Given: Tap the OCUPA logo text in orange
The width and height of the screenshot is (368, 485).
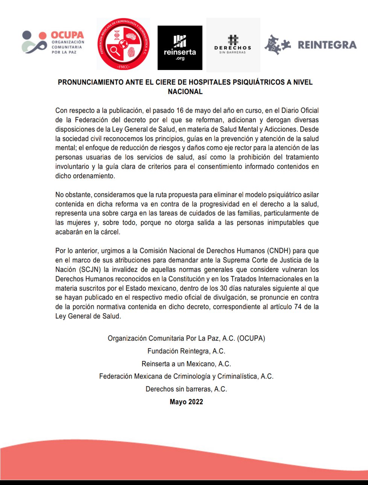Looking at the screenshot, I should [x=67, y=35].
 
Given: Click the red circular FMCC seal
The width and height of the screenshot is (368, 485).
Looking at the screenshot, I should [x=123, y=44].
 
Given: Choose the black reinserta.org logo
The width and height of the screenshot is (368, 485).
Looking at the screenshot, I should [x=180, y=47].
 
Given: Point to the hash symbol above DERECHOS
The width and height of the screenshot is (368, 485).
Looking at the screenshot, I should [x=233, y=39].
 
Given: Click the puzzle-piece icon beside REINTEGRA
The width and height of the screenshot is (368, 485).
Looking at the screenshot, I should [x=277, y=45].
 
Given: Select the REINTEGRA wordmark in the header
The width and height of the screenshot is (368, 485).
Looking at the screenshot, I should [x=327, y=45].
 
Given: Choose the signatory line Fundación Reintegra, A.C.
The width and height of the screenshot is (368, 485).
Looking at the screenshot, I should [x=186, y=351].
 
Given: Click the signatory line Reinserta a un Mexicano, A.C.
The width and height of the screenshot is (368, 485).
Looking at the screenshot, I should [x=186, y=364].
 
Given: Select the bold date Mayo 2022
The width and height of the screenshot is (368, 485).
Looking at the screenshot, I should [x=186, y=402].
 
